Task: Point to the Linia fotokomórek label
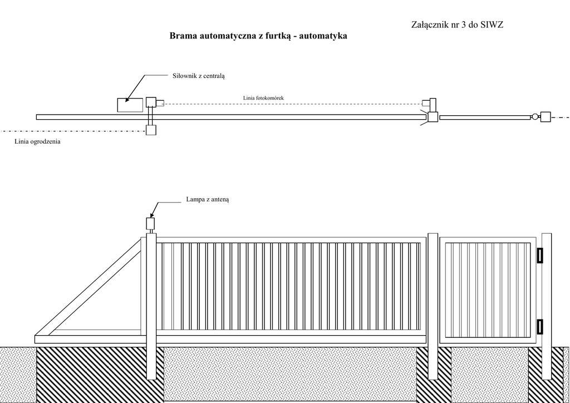pyautogui.click(x=263, y=98)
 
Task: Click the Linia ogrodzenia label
pyautogui.click(x=38, y=142)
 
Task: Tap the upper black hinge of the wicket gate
pyautogui.click(x=539, y=255)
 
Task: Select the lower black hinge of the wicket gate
pyautogui.click(x=539, y=327)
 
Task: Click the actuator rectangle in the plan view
pyautogui.click(x=130, y=105)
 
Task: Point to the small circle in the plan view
pyautogui.click(x=535, y=117)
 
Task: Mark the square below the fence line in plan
pyautogui.click(x=151, y=131)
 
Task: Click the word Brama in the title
pyautogui.click(x=183, y=36)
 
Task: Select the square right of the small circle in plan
pyautogui.click(x=546, y=117)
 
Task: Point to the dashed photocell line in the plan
pyautogui.click(x=289, y=104)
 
